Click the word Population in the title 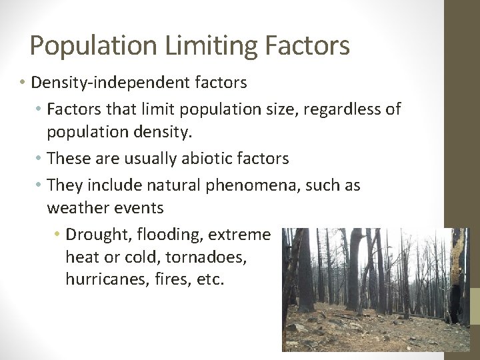coord(94,46)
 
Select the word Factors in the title coord(307,46)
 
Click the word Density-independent coord(109,83)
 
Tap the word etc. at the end coord(211,279)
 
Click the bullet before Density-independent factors coord(23,83)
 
